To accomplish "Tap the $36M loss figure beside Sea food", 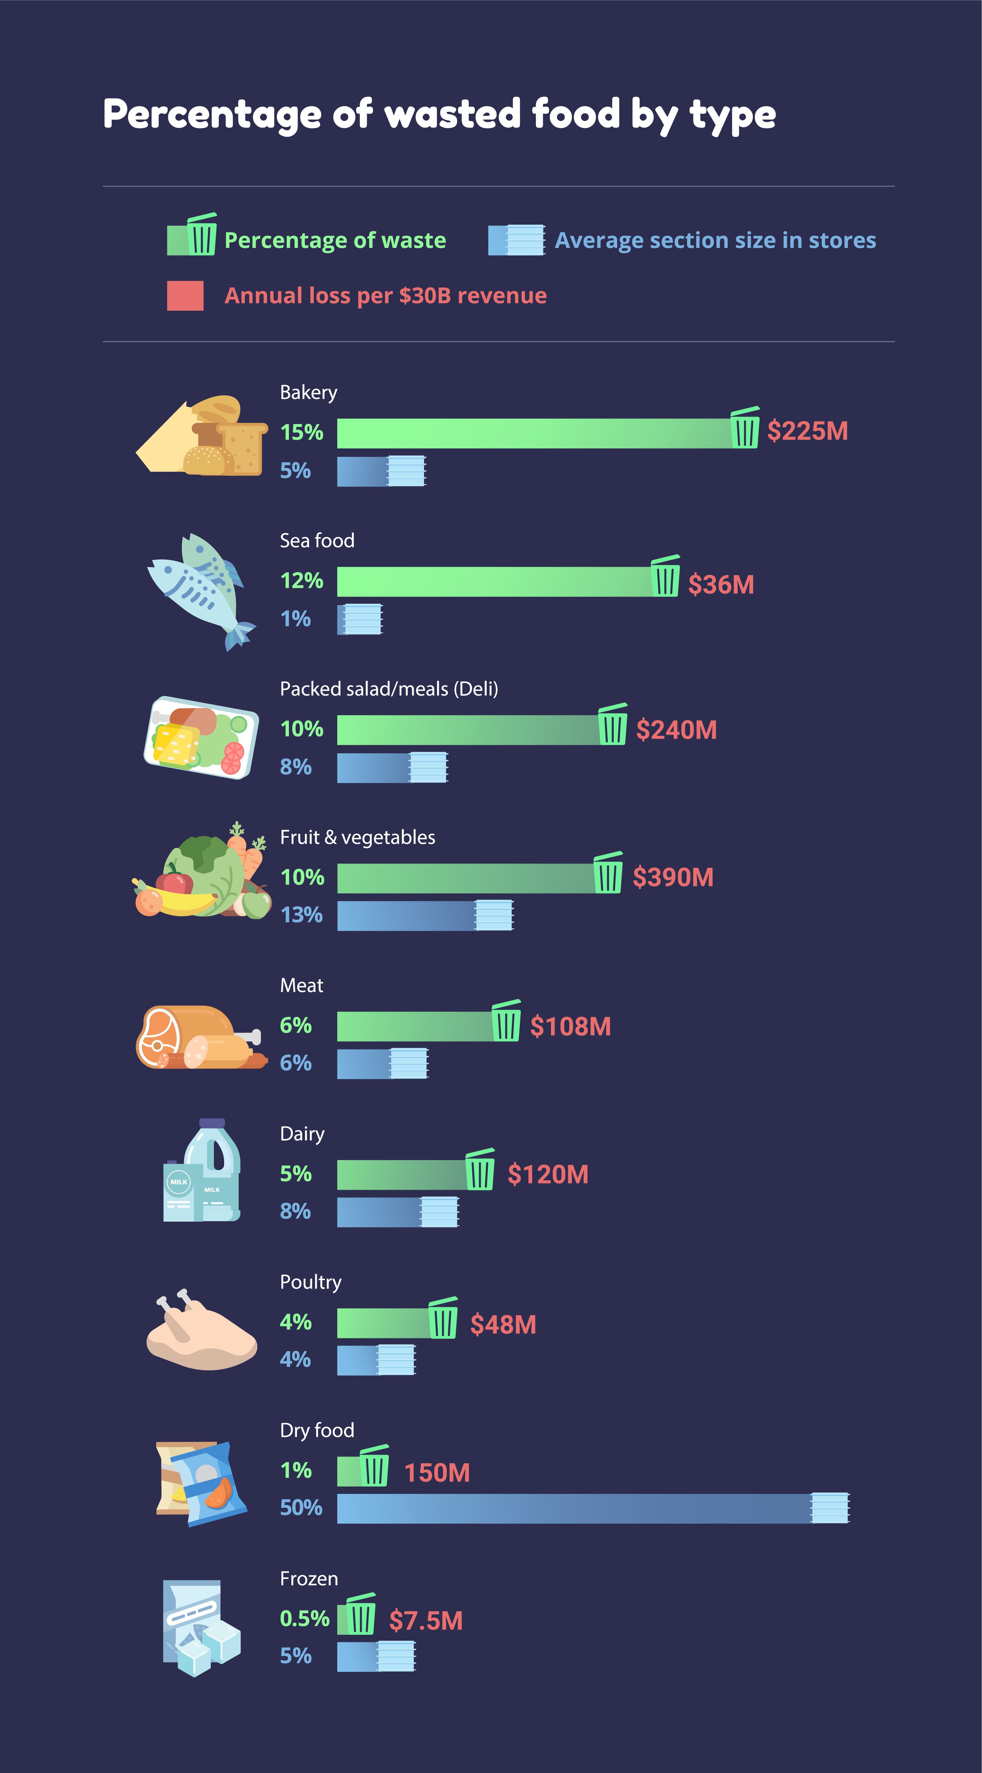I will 721,584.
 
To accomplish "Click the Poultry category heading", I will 311,1281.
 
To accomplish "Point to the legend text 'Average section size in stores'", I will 715,240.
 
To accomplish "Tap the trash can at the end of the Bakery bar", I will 745,428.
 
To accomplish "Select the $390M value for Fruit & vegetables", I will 673,878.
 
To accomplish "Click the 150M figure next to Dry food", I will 436,1473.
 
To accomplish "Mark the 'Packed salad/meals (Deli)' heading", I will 388,689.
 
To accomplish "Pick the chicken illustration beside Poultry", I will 201,1332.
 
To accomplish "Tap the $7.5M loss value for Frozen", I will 426,1621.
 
